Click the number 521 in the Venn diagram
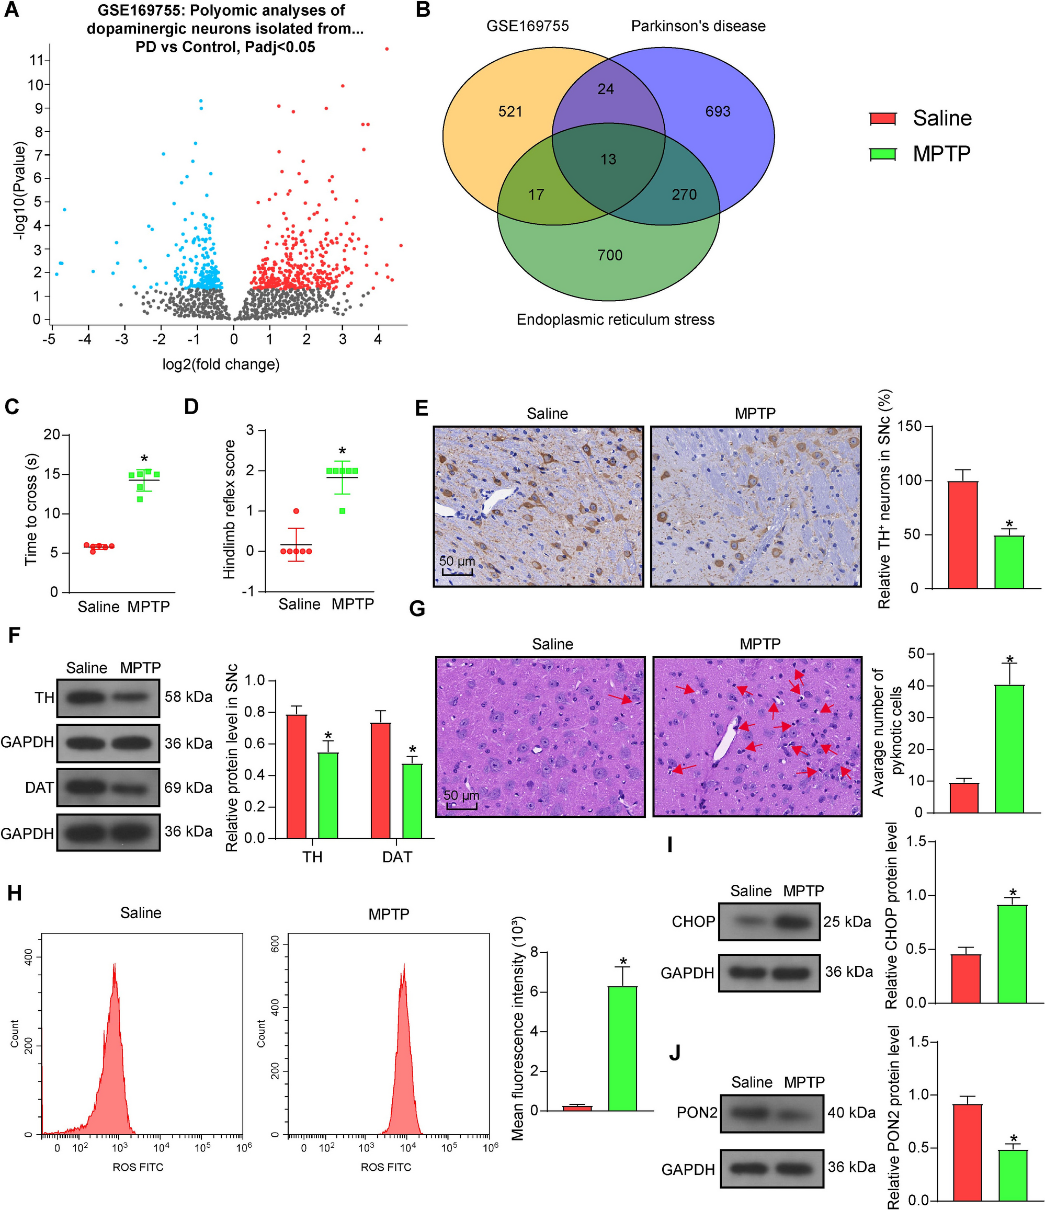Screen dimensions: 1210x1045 point(510,111)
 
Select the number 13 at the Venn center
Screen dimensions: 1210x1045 point(608,159)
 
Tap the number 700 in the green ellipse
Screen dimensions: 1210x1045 point(610,255)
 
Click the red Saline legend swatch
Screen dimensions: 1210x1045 point(883,119)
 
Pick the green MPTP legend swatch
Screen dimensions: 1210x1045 point(883,154)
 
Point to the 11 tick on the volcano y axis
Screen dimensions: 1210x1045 point(36,60)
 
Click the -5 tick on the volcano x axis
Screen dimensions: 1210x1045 point(49,339)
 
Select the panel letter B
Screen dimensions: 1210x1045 point(423,10)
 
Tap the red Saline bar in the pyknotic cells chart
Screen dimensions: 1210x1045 point(964,798)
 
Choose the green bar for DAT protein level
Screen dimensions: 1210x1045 point(412,801)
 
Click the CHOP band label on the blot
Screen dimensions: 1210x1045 point(694,922)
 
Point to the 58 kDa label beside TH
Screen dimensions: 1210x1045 point(188,697)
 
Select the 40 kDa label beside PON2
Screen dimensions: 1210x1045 point(851,1112)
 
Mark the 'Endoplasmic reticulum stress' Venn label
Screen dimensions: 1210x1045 point(615,320)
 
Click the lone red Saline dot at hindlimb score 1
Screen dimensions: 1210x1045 point(296,511)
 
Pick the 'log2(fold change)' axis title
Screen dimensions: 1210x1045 point(221,364)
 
